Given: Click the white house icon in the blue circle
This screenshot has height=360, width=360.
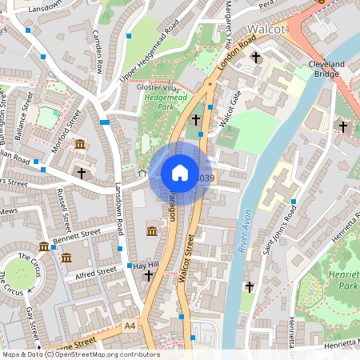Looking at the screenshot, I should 180,173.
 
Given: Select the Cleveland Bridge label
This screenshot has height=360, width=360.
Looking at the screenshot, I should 326,69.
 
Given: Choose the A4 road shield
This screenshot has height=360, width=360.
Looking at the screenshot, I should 130,326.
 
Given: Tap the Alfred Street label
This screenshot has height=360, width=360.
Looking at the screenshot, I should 95,274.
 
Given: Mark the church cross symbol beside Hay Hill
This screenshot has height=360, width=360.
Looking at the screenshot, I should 148,275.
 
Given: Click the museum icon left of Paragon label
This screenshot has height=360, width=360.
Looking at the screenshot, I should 152,231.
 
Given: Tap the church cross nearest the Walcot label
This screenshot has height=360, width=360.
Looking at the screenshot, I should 256,57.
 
